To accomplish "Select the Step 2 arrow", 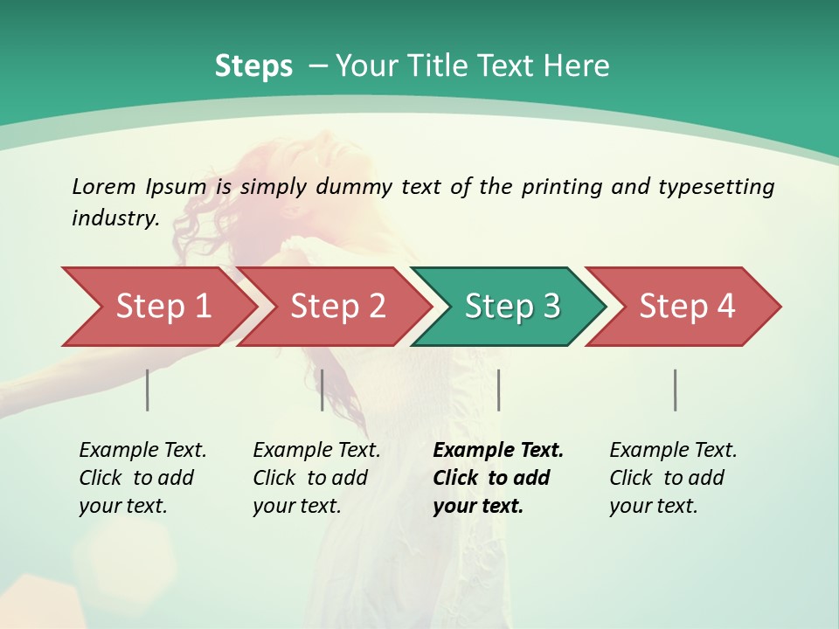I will point(336,307).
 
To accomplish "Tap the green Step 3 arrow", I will point(511,307).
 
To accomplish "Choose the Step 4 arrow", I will point(686,307).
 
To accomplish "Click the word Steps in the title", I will point(253,66).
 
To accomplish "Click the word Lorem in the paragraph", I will point(104,187).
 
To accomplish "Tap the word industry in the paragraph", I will point(115,218).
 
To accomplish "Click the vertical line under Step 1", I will point(148,390).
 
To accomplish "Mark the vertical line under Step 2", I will point(322,390).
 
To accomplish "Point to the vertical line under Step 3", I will point(498,390).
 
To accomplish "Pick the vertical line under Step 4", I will point(676,390).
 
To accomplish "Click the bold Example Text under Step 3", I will point(498,451).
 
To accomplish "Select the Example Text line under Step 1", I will point(142,451).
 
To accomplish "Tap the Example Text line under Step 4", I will point(673,451).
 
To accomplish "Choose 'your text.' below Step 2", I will point(296,506).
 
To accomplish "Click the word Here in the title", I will point(580,66).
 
